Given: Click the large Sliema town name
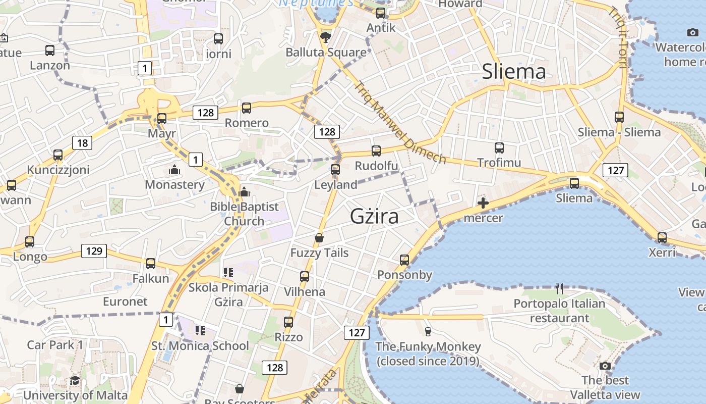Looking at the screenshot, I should click(514, 71).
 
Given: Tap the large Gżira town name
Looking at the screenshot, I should click(375, 216).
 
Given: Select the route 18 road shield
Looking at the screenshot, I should click(82, 143).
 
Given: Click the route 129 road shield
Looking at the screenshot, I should click(94, 250).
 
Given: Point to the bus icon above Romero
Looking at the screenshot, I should click(247, 108).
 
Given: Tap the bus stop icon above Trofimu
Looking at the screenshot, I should click(499, 148).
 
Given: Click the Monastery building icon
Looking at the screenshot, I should click(174, 170).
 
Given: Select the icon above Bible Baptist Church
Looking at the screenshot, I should click(244, 192).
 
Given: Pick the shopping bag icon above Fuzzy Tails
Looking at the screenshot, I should click(319, 237).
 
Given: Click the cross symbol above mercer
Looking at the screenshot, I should click(483, 203).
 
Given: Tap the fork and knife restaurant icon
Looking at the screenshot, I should click(559, 289).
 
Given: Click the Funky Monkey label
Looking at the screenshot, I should click(429, 353).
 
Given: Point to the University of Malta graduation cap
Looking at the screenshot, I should click(75, 380).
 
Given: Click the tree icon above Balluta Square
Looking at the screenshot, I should click(326, 37).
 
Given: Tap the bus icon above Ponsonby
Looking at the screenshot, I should click(404, 260).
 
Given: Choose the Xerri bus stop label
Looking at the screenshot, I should click(662, 252).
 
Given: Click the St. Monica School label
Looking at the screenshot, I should click(200, 346).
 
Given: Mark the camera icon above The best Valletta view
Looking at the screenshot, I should click(605, 366).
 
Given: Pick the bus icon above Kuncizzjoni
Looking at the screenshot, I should click(58, 155).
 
